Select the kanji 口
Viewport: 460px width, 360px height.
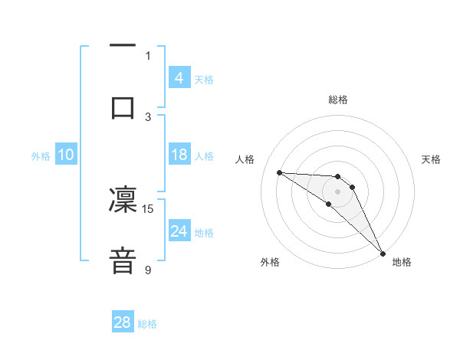coord(123,107)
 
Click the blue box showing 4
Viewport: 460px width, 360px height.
coord(179,78)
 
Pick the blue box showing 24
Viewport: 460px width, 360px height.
coord(179,231)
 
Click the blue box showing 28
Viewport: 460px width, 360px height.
coord(123,322)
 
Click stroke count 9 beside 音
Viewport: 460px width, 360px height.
coord(148,270)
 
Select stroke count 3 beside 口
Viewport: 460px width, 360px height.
coord(148,116)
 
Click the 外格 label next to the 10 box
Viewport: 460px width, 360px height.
coord(41,156)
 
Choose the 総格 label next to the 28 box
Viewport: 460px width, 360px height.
coord(147,324)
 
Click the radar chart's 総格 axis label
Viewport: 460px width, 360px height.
coord(337,100)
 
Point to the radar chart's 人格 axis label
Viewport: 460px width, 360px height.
coord(245,159)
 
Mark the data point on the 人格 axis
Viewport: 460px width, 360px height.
coord(279,172)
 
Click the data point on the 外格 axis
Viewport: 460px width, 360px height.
coord(329,204)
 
